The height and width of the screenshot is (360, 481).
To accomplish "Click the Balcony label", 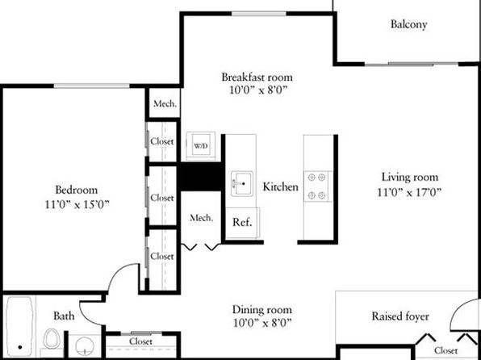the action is click(x=408, y=24).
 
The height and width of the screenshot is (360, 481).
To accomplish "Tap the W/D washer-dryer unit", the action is click(x=201, y=146).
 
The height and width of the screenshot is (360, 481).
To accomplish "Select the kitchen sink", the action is click(x=242, y=183).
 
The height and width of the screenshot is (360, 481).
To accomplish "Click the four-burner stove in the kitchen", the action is click(x=318, y=186).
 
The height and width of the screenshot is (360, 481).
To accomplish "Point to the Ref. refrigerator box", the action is click(x=243, y=223).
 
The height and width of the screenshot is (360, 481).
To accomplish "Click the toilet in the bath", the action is click(x=52, y=340).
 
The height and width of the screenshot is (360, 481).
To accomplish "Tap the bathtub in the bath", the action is click(x=20, y=326).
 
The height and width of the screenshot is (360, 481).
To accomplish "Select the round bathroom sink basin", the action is click(x=83, y=346).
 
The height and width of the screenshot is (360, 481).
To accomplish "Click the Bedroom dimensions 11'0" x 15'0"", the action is click(x=77, y=204).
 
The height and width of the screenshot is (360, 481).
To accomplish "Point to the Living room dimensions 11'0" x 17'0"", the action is click(x=409, y=192).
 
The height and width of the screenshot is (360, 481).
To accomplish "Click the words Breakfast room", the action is click(x=257, y=77).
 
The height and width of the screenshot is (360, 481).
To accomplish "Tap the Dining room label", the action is click(x=262, y=309).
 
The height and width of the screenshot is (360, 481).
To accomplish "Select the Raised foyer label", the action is click(x=400, y=316).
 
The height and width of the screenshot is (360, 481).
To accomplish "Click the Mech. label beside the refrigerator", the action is click(x=201, y=218).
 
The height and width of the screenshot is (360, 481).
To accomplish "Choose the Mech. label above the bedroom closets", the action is click(x=165, y=103).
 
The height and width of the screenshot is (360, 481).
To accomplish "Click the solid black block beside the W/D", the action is click(x=201, y=176).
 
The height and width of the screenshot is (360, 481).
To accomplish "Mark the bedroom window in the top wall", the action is click(x=92, y=86).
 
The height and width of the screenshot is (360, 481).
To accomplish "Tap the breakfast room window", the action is click(x=259, y=14).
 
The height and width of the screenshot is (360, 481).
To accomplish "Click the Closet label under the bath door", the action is click(x=140, y=341).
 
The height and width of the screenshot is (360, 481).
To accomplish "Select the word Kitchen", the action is click(x=280, y=187).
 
